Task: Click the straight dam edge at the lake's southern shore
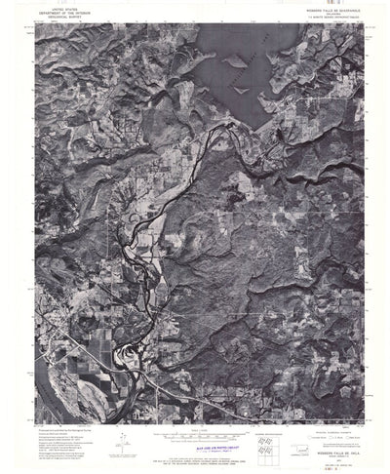[x=256, y=126]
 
